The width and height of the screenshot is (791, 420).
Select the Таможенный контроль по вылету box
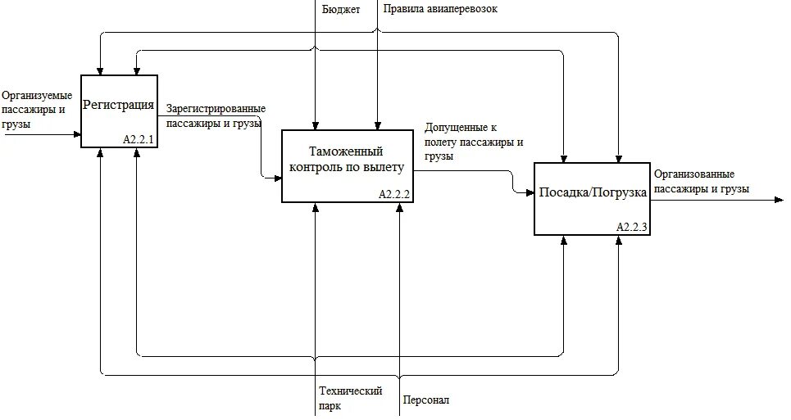point(347,165)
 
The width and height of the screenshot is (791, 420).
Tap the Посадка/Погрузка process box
point(592,199)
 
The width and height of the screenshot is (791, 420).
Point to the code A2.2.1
point(139,140)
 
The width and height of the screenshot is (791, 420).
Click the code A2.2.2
point(394,195)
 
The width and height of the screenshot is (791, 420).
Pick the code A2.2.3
point(632,228)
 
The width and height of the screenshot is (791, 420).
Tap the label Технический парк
point(350,398)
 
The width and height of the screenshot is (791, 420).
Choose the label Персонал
point(425,400)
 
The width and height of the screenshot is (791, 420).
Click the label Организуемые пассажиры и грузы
point(36,110)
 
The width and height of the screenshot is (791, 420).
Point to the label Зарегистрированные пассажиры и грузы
point(215,115)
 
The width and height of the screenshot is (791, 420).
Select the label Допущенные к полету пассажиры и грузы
point(474,142)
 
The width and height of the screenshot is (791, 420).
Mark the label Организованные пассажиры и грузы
point(702,181)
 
